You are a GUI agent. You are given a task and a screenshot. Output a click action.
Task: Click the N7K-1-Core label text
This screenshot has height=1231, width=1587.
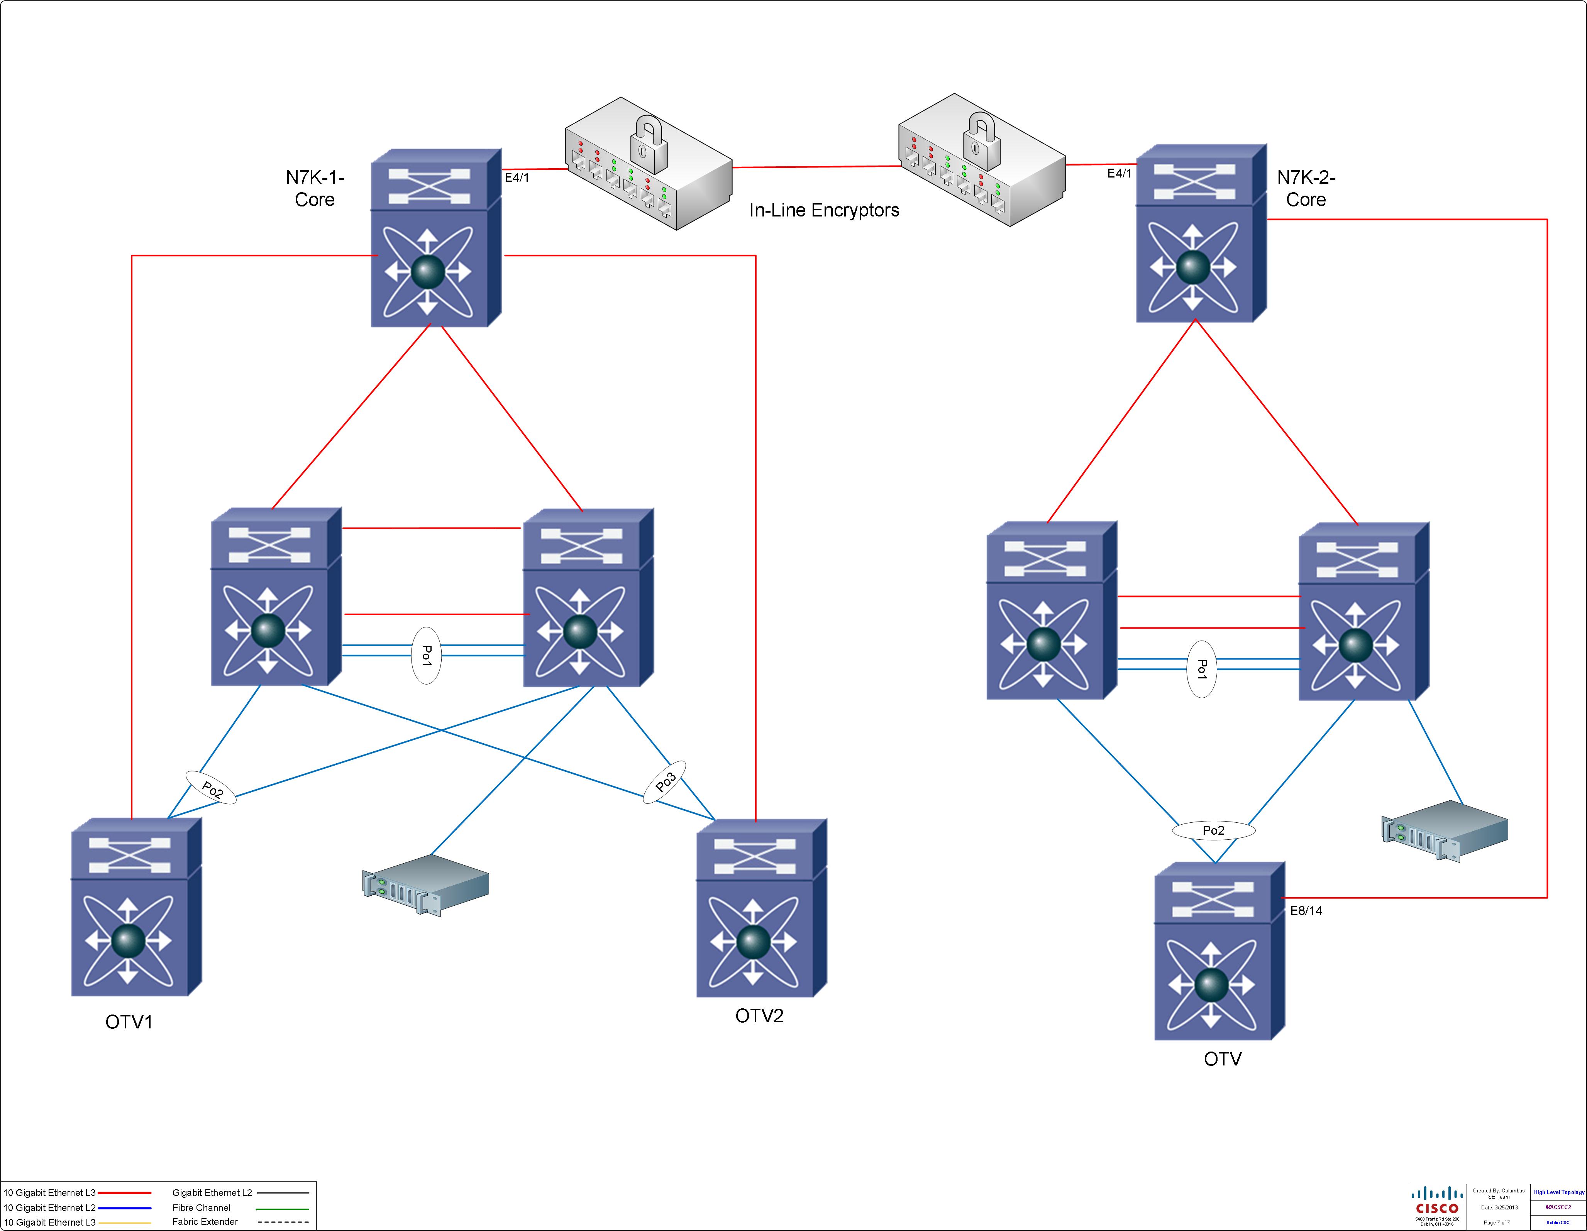(315, 188)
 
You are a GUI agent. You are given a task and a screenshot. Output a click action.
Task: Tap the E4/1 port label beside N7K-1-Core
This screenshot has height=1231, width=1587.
(517, 177)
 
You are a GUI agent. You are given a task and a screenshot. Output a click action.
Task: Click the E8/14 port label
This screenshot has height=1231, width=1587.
(1306, 911)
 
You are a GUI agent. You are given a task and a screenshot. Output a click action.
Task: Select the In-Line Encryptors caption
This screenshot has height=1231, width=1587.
(824, 211)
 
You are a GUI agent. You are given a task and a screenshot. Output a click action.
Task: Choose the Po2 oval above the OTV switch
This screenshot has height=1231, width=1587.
(1213, 830)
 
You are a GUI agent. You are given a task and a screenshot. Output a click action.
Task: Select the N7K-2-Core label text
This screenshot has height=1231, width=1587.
(1306, 188)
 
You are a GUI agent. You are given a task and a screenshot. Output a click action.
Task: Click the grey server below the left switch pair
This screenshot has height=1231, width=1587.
(426, 884)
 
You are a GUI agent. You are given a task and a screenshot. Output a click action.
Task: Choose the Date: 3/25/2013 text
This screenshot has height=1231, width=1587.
(1499, 1208)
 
